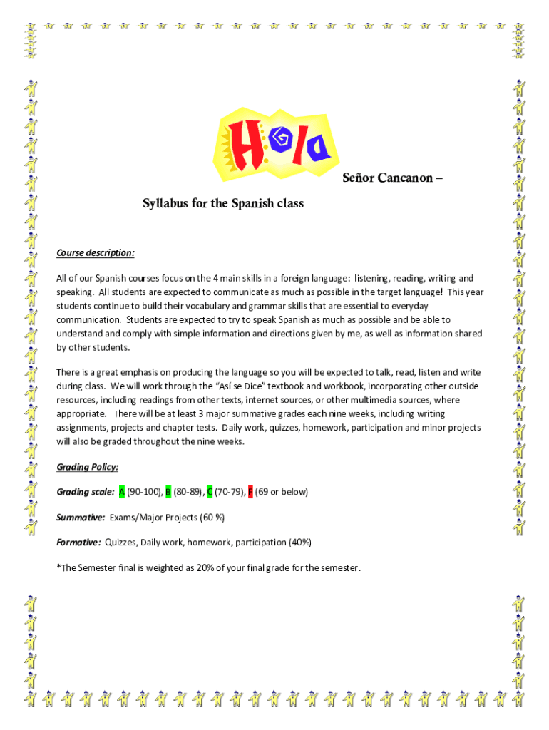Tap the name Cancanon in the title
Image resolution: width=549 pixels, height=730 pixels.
pyautogui.click(x=405, y=178)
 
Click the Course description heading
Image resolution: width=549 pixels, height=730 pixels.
pyautogui.click(x=95, y=253)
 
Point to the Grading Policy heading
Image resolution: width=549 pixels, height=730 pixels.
pyautogui.click(x=87, y=467)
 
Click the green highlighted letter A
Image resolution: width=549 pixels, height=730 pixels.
pyautogui.click(x=122, y=492)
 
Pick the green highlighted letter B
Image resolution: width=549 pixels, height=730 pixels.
pyautogui.click(x=168, y=492)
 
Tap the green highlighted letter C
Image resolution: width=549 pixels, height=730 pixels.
pyautogui.click(x=210, y=492)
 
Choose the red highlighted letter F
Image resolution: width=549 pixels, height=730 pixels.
pyautogui.click(x=250, y=492)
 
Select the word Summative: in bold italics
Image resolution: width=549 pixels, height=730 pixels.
pyautogui.click(x=81, y=517)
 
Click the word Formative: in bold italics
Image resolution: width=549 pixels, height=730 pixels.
pyautogui.click(x=78, y=543)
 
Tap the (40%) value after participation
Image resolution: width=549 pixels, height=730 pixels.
pyautogui.click(x=299, y=543)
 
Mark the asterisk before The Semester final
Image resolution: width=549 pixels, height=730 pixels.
pyautogui.click(x=58, y=567)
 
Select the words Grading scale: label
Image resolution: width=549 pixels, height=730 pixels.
pyautogui.click(x=85, y=492)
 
